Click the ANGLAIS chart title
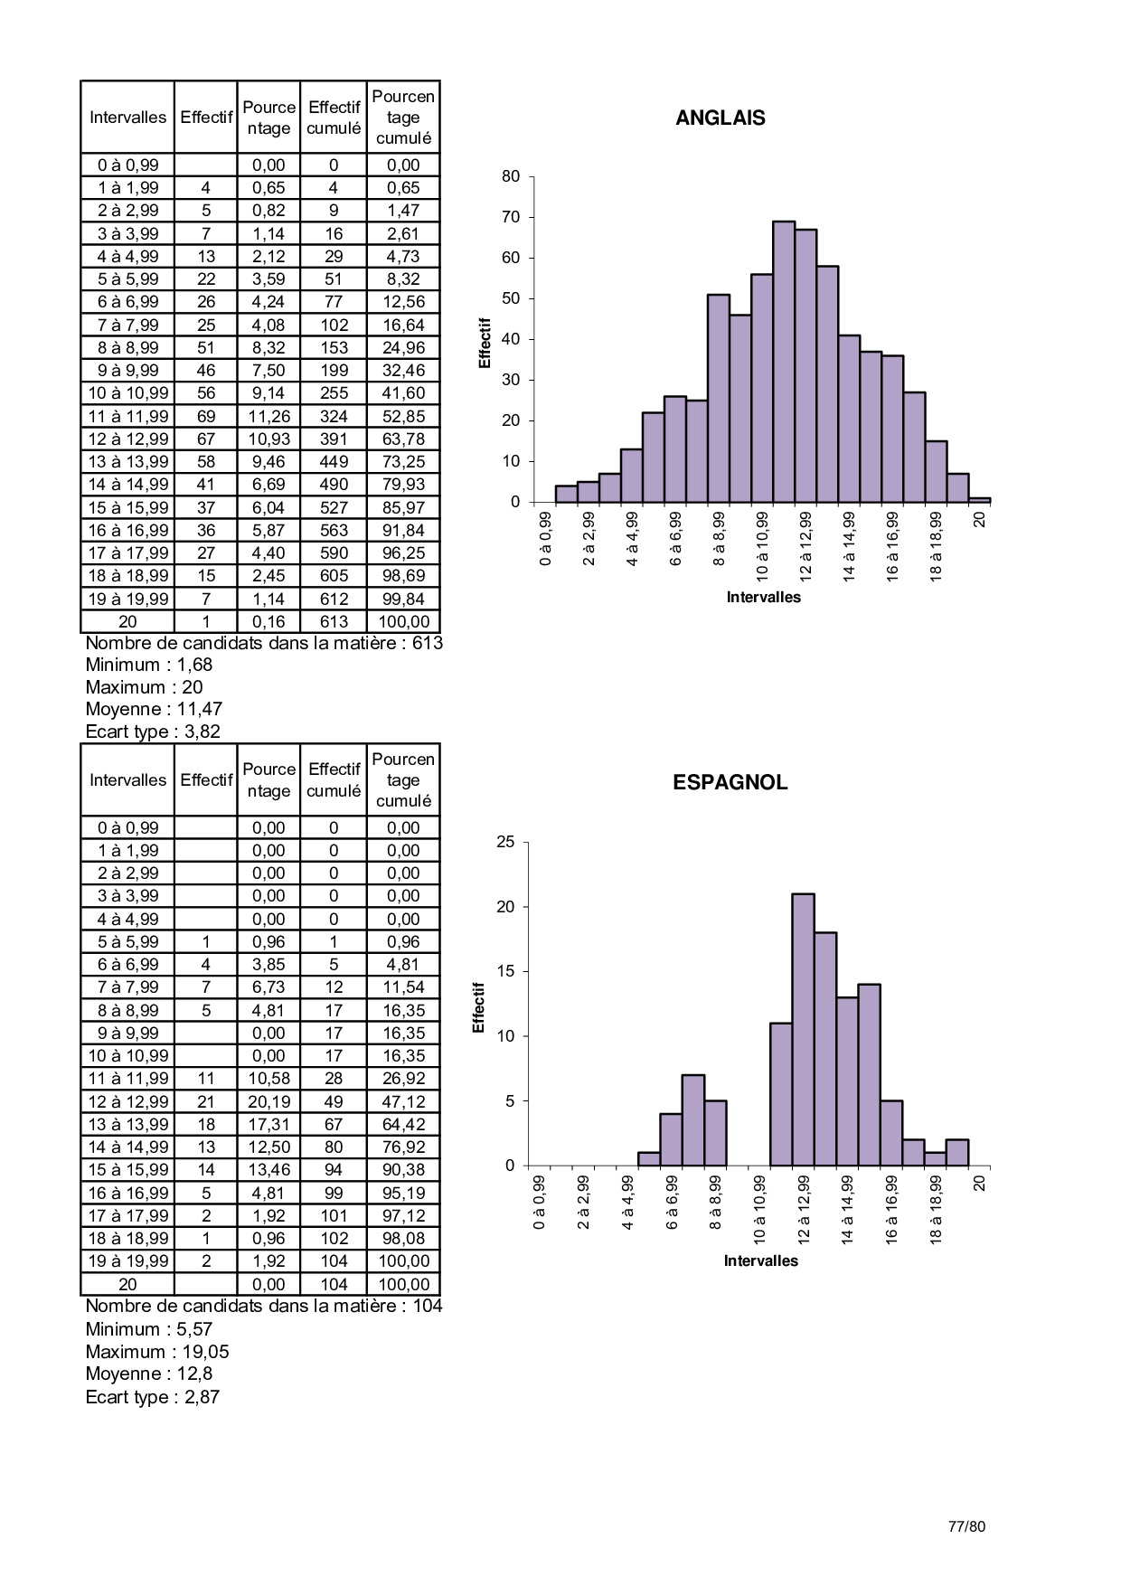tap(720, 118)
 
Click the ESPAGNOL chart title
tap(730, 783)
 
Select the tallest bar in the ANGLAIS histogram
tap(784, 362)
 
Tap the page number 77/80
tap(966, 1526)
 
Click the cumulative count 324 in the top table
tap(334, 416)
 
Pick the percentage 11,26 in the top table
tap(268, 416)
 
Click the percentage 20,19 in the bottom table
tap(268, 1101)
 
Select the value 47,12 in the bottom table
tap(403, 1101)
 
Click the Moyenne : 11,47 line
tap(154, 709)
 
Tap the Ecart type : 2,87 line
tap(153, 1396)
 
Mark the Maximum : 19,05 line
tap(157, 1352)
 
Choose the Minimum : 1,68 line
tap(149, 665)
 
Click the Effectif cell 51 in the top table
tap(206, 347)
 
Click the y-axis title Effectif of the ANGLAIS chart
tap(485, 343)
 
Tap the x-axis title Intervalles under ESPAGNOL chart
tap(760, 1260)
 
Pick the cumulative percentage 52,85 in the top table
tap(403, 416)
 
